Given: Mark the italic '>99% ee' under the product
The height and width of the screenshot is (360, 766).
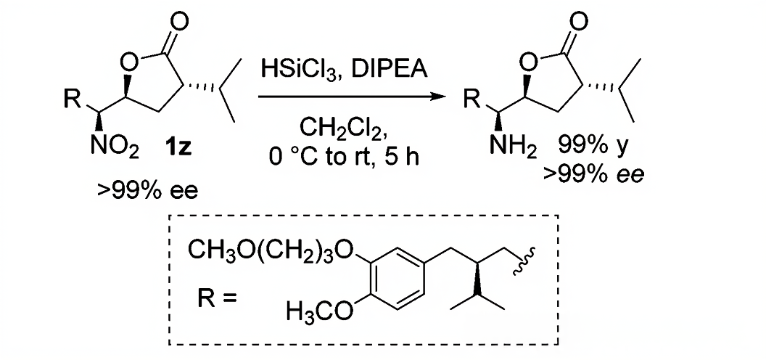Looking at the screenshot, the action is [x=601, y=173].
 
